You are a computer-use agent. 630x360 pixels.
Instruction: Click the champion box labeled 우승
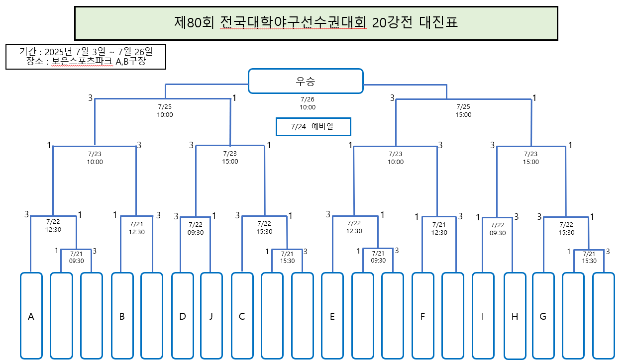pyautogui.click(x=306, y=81)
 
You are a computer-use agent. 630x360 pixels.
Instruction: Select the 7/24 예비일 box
pyautogui.click(x=314, y=126)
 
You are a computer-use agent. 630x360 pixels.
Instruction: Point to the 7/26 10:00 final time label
pyautogui.click(x=307, y=103)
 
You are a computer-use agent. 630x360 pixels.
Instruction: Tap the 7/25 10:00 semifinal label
pyautogui.click(x=165, y=111)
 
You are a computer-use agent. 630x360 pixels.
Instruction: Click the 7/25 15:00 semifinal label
pyautogui.click(x=463, y=111)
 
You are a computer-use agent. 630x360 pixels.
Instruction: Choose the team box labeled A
pyautogui.click(x=31, y=316)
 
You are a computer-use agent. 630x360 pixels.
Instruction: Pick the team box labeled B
pyautogui.click(x=122, y=316)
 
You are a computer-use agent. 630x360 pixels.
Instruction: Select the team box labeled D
pyautogui.click(x=183, y=316)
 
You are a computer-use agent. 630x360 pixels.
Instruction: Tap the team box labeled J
pyautogui.click(x=211, y=316)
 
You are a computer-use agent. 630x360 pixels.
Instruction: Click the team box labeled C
pyautogui.click(x=242, y=316)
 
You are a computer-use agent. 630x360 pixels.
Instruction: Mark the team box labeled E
pyautogui.click(x=332, y=316)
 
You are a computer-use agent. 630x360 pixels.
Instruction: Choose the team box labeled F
pyautogui.click(x=422, y=316)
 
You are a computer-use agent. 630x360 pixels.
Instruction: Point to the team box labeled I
pyautogui.click(x=483, y=316)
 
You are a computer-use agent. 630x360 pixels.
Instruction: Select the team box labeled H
pyautogui.click(x=515, y=316)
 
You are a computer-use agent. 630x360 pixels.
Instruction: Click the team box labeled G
pyautogui.click(x=543, y=316)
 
